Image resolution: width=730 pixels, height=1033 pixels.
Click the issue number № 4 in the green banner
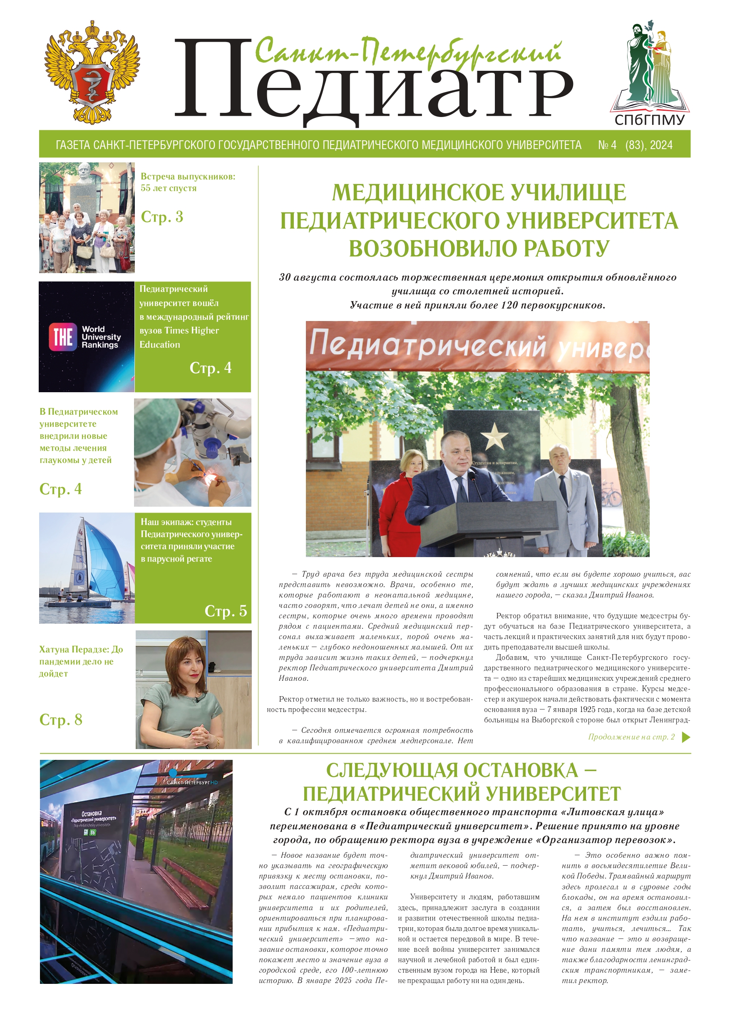click(x=607, y=145)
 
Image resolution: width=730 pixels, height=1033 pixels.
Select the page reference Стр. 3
click(x=162, y=217)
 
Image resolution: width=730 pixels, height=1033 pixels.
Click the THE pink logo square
click(x=62, y=336)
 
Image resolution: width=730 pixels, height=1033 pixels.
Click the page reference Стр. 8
click(x=61, y=719)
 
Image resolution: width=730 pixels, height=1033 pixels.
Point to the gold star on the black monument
click(x=494, y=437)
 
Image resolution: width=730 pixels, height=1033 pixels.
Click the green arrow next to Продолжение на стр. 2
click(x=686, y=737)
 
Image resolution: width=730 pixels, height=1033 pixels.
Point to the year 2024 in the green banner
click(x=661, y=145)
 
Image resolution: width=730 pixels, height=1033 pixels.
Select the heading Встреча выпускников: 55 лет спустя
click(x=188, y=182)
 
